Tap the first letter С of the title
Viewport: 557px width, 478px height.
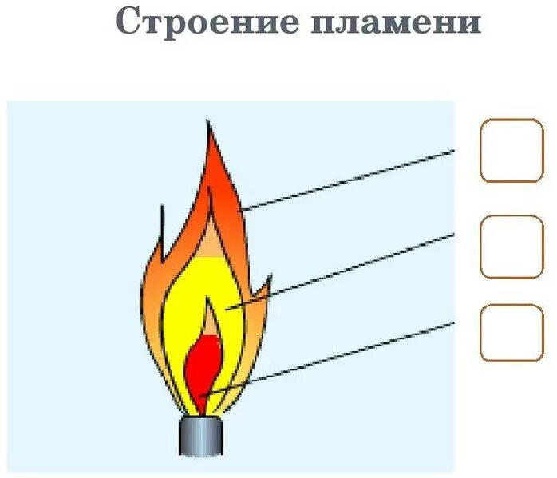point(128,22)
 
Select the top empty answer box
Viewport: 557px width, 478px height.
point(512,150)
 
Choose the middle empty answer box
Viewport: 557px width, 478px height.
point(512,247)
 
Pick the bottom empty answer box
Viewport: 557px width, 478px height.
point(512,332)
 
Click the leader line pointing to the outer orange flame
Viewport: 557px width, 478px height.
point(351,179)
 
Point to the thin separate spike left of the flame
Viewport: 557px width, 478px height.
point(162,227)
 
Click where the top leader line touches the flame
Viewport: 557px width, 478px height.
point(243,210)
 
